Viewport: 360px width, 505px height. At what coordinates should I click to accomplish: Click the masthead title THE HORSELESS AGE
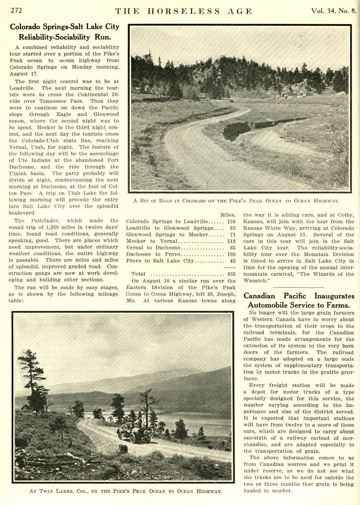[184, 11]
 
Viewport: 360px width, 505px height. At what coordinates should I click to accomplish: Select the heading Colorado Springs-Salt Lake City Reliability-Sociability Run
[65, 32]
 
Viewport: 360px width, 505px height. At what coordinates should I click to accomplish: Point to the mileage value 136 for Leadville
[231, 222]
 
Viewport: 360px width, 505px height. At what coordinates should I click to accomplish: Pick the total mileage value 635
[231, 273]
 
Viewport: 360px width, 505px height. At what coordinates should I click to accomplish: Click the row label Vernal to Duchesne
[155, 247]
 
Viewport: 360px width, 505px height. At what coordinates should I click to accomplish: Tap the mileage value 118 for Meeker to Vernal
[231, 241]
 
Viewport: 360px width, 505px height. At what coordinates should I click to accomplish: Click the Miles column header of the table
[228, 215]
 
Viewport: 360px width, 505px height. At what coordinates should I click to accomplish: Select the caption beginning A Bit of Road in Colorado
[236, 201]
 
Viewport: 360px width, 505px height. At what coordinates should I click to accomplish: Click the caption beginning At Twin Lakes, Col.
[125, 491]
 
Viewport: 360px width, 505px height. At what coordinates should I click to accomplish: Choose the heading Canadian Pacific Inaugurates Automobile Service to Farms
[299, 300]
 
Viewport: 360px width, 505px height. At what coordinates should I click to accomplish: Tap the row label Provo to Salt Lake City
[160, 260]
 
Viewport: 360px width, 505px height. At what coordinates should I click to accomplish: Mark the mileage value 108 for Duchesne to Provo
[231, 254]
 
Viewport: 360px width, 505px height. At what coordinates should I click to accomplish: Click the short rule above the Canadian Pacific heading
[299, 287]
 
